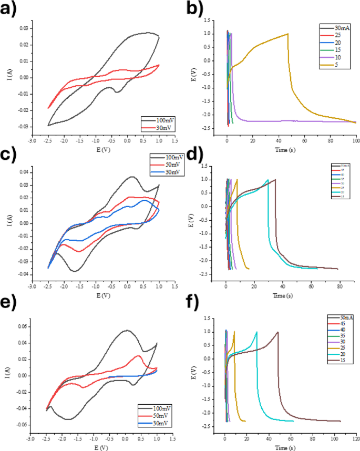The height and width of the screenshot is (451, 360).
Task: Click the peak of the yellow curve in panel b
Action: click(x=287, y=34)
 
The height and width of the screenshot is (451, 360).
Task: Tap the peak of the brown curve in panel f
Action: click(x=277, y=332)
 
